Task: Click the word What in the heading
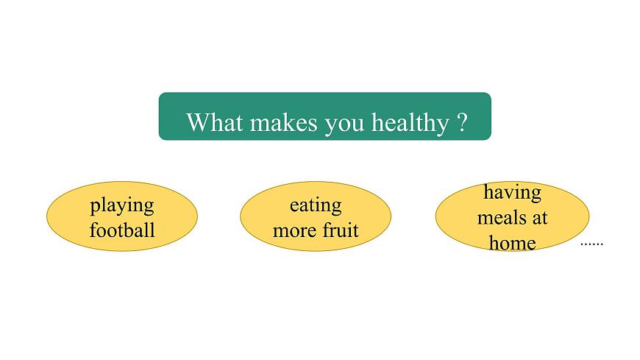click(x=215, y=121)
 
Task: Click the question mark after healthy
click(x=462, y=121)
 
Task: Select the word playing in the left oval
click(x=122, y=205)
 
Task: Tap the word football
click(x=122, y=230)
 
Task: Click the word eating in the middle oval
click(x=316, y=205)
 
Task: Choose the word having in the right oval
click(x=512, y=193)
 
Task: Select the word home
click(x=512, y=242)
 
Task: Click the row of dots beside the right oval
click(x=591, y=243)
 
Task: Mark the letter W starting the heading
click(x=196, y=121)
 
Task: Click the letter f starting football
click(x=93, y=230)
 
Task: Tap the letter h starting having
click(x=488, y=192)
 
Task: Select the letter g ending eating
click(x=337, y=208)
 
